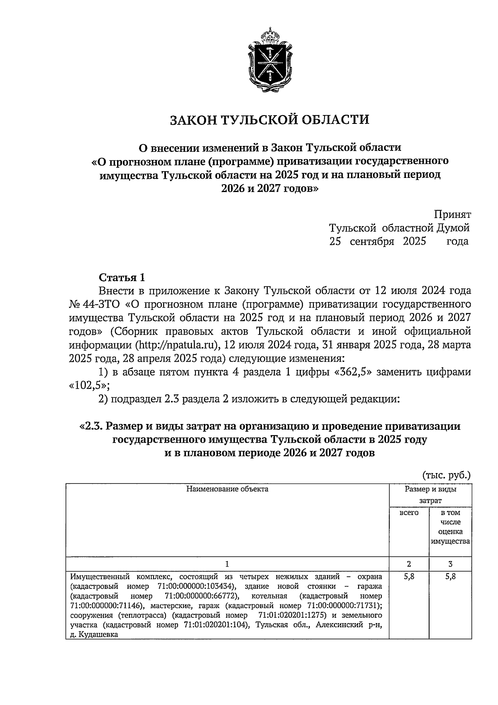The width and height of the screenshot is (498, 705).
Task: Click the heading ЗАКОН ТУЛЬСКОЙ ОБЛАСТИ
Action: click(270, 120)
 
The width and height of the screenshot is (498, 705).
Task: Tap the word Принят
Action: click(452, 214)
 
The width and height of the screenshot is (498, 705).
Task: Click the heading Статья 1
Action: click(122, 278)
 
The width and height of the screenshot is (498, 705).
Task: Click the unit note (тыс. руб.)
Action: click(447, 475)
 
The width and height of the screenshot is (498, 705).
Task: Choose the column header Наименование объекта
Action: click(227, 489)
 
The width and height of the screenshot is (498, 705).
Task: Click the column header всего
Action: click(409, 513)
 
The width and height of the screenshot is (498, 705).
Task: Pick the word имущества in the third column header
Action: click(450, 541)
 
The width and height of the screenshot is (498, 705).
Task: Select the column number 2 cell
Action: click(409, 564)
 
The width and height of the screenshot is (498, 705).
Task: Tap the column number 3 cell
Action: click(450, 564)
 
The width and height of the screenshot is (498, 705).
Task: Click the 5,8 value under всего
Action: click(409, 577)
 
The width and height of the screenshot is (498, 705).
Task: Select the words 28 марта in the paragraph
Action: click(448, 345)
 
